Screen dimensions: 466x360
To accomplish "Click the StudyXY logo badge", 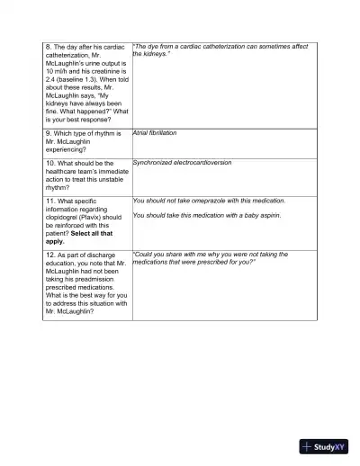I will click(323, 446).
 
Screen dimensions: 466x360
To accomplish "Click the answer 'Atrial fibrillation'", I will click(155, 132).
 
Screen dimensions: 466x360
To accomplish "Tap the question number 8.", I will click(48, 46).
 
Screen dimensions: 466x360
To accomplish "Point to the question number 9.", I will click(48, 133).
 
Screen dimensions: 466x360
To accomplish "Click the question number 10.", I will click(49, 164).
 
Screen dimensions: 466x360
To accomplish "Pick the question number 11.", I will click(49, 202).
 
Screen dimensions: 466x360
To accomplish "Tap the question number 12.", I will click(49, 255).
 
